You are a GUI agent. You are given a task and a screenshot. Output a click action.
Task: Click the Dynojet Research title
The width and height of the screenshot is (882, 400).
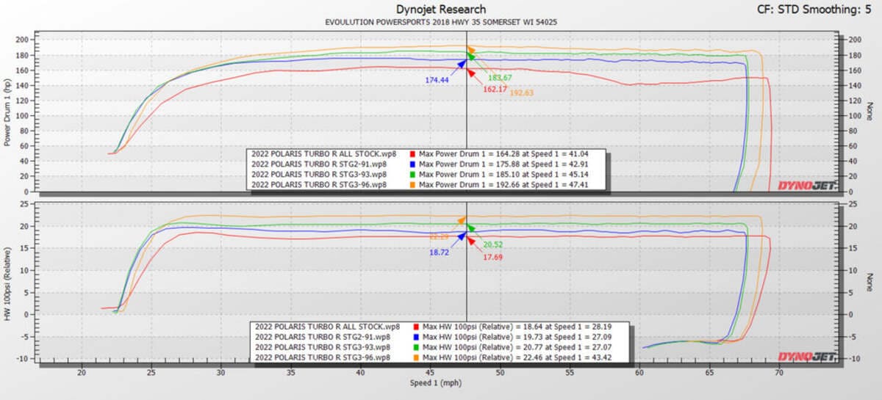click(x=441, y=10)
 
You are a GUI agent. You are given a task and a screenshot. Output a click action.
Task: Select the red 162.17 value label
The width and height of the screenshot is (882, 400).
click(x=495, y=89)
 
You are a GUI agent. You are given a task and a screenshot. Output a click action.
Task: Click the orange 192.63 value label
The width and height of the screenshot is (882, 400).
click(x=521, y=93)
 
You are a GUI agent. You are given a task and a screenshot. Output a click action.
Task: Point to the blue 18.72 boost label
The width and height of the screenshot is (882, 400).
click(x=439, y=252)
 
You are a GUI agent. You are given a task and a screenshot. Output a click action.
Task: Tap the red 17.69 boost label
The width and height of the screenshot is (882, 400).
click(x=492, y=257)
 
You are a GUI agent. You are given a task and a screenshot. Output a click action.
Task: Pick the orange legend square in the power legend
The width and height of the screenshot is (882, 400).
click(x=412, y=186)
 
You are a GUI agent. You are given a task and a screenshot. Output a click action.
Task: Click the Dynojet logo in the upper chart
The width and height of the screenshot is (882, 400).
click(x=806, y=186)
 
